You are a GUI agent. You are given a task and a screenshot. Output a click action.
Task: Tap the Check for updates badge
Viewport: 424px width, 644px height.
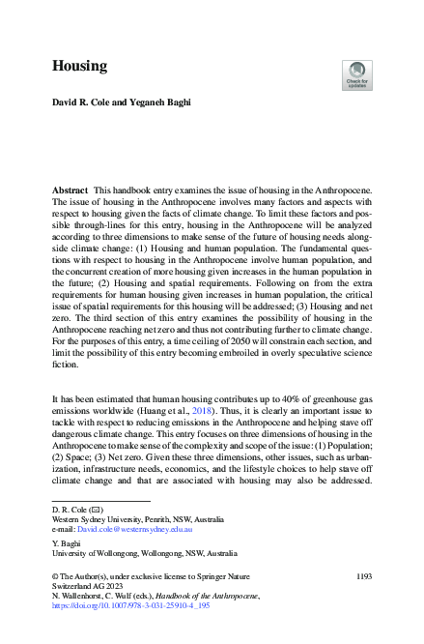pos(356,73)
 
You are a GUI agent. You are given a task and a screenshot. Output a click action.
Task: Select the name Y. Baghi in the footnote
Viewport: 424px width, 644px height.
pos(67,543)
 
